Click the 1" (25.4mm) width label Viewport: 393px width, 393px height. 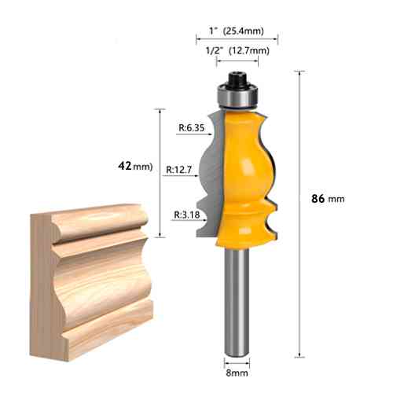tap(237, 31)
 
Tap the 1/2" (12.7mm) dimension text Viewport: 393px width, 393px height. tap(237, 50)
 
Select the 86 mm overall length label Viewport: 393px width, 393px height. tap(328, 199)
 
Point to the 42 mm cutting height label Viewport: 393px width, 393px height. tap(135, 166)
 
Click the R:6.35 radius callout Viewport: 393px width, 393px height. tap(191, 127)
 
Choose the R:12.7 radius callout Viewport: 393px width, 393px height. tap(179, 170)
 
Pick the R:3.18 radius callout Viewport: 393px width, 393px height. tap(187, 215)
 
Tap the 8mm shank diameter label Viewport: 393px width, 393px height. tap(237, 373)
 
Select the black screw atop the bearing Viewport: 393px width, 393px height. tap(237, 79)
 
